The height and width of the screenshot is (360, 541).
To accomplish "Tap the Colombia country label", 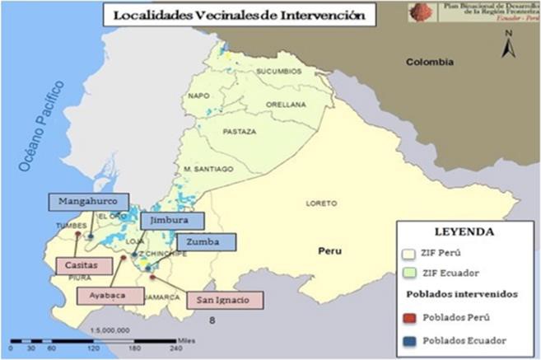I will click(x=427, y=62).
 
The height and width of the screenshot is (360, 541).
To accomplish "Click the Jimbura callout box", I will click(x=169, y=221).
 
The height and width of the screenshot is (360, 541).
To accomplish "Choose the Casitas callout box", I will click(x=84, y=265).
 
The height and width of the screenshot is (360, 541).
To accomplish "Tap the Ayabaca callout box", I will click(x=109, y=295).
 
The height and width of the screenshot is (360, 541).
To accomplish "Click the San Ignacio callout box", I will click(x=224, y=300).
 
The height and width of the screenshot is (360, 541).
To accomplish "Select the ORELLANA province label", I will click(x=286, y=104).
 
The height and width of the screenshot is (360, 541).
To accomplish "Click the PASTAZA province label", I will click(x=243, y=131).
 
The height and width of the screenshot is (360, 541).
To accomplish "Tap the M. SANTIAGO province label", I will click(x=209, y=168).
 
